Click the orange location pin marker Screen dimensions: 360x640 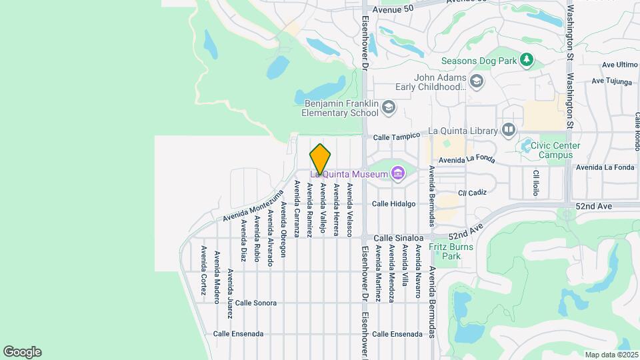[x=320, y=159]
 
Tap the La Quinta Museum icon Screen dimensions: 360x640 [x=399, y=174]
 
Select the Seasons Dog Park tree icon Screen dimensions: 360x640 [x=527, y=60]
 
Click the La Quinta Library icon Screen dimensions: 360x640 [x=509, y=129]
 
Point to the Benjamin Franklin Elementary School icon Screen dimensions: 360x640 [x=389, y=107]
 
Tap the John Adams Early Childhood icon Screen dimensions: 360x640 [x=476, y=81]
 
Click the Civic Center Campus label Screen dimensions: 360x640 [x=551, y=150]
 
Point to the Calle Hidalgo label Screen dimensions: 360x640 [x=393, y=204]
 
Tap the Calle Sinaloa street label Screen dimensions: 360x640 [x=398, y=237]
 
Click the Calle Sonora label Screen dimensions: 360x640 [x=255, y=303]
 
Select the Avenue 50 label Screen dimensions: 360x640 [x=393, y=9]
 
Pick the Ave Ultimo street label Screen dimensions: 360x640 [x=619, y=65]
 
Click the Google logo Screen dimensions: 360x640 [x=22, y=352]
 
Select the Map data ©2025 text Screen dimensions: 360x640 [x=611, y=355]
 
